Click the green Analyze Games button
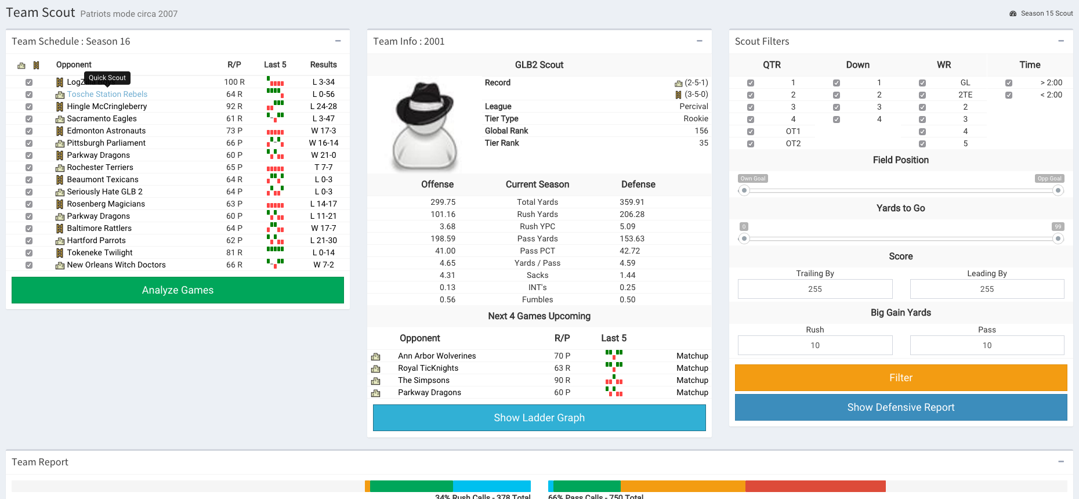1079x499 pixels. (x=178, y=290)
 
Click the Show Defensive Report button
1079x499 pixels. (x=900, y=407)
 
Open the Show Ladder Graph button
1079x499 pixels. (x=539, y=418)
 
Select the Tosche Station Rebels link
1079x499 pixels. (x=107, y=95)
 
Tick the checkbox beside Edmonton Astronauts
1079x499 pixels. (x=29, y=131)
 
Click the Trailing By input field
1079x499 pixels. (x=814, y=289)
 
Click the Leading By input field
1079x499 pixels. (x=987, y=289)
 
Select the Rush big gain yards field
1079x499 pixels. (x=814, y=345)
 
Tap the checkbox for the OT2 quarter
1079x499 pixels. (x=751, y=144)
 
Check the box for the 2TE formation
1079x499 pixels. (x=922, y=95)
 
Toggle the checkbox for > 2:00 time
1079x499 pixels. (x=1009, y=83)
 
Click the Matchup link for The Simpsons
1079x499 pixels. (x=692, y=381)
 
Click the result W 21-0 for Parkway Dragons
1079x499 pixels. (x=323, y=156)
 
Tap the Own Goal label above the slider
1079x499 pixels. (x=753, y=179)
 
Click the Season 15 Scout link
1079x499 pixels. (x=1047, y=13)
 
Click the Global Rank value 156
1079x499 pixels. (x=701, y=131)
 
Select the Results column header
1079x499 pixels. (x=323, y=65)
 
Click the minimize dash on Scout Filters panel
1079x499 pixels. (x=1061, y=41)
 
